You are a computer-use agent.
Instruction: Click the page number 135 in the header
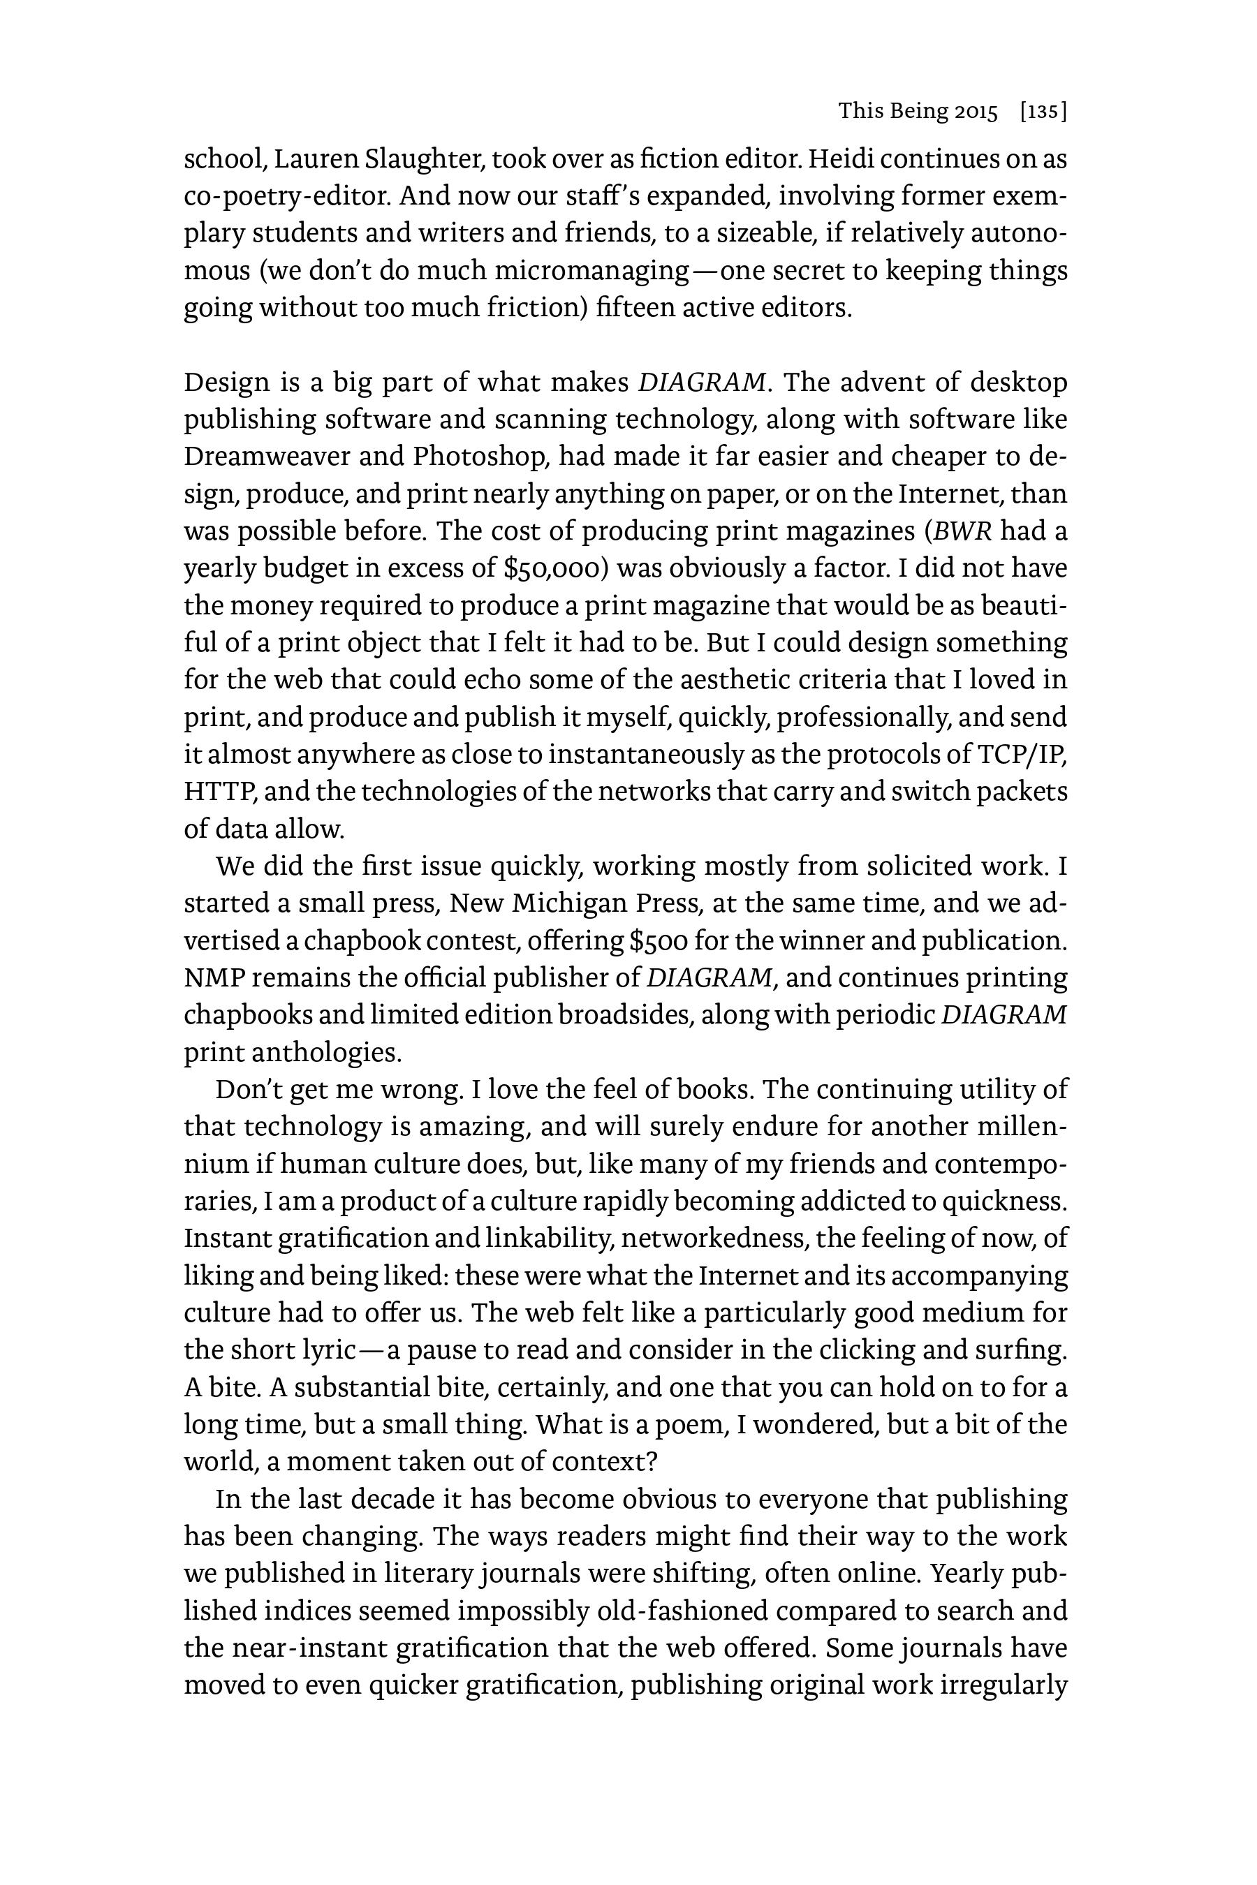1042,112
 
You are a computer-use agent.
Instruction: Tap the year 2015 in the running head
976,112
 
